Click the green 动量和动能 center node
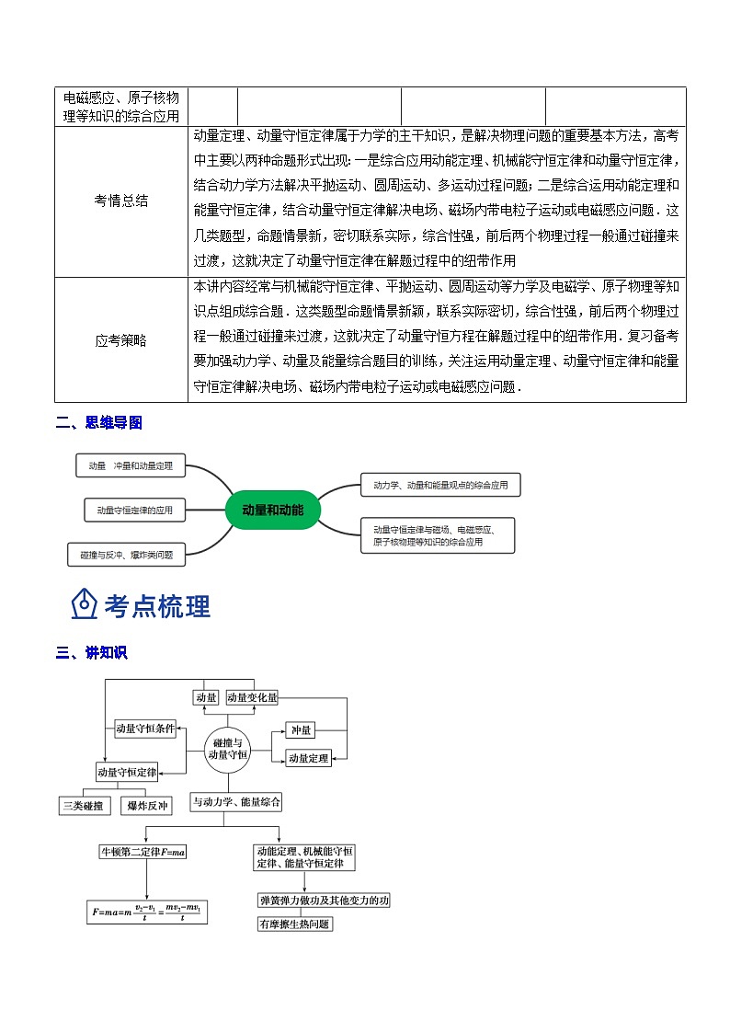coord(272,510)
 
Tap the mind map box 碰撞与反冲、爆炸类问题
coord(126,554)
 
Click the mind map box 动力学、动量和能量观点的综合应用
coord(440,484)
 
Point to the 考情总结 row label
coord(120,201)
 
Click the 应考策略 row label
coord(120,339)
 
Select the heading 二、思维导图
coord(99,423)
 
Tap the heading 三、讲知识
coord(91,653)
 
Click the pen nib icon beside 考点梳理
coord(85,604)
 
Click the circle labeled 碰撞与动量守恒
coord(228,748)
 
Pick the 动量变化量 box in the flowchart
coord(252,698)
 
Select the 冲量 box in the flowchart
coord(301,730)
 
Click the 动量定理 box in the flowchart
coord(308,759)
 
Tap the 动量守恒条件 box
coord(145,729)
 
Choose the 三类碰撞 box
coord(85,806)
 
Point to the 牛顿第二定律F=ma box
coord(143,852)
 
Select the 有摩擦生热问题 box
coord(294,924)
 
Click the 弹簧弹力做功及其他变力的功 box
coord(324,901)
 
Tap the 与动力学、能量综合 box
coord(236,802)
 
